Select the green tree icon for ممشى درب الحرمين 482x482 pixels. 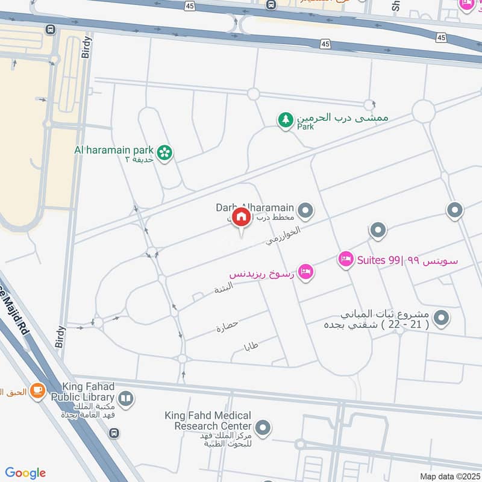click(285, 120)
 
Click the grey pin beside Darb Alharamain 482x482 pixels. click(306, 210)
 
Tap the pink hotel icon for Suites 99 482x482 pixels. click(345, 260)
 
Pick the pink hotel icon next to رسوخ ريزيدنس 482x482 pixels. click(306, 273)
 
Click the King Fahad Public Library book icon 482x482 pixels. click(125, 398)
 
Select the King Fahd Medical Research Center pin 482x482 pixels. click(262, 428)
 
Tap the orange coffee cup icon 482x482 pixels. click(37, 390)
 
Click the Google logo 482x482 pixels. click(25, 473)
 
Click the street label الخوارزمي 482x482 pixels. click(283, 236)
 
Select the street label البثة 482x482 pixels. click(224, 289)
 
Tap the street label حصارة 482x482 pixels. click(227, 326)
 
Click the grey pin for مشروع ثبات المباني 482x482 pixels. click(442, 317)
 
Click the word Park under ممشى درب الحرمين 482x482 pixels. click(305, 127)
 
